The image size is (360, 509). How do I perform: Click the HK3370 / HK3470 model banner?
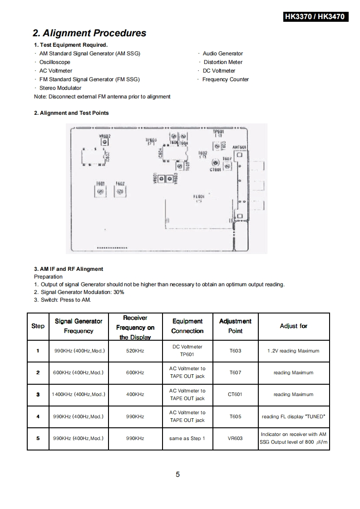(315, 17)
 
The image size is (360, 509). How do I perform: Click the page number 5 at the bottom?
(178, 475)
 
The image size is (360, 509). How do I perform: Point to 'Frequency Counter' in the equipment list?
(226, 79)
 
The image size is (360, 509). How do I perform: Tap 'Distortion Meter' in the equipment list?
(223, 62)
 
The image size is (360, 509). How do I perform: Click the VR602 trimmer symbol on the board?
(105, 142)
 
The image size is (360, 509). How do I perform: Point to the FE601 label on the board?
(199, 197)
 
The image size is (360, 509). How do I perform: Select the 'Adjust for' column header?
(294, 326)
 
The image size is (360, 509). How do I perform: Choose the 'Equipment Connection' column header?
(187, 326)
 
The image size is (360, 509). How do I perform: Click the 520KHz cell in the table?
(135, 351)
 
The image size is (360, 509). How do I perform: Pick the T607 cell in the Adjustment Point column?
(235, 372)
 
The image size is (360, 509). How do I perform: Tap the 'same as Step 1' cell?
(187, 438)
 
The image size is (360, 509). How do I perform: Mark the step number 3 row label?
(38, 394)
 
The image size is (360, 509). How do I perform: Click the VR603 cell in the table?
(235, 438)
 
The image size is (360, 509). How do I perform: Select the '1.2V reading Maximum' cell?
(294, 351)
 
